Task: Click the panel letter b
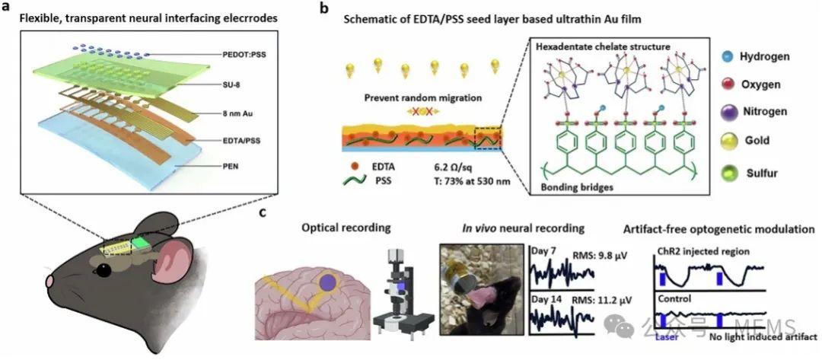point(324,10)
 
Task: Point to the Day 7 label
point(542,250)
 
